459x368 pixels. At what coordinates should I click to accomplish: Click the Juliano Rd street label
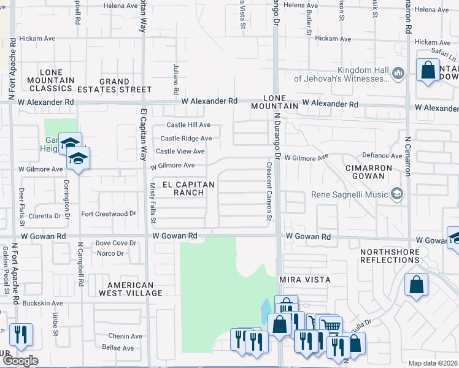(175, 75)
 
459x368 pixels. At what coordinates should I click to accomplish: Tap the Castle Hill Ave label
(186, 125)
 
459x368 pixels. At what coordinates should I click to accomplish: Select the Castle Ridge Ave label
(186, 139)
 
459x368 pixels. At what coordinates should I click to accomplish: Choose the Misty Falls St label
(153, 203)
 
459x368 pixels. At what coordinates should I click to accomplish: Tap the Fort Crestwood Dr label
(109, 213)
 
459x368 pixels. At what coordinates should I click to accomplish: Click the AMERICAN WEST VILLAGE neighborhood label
(131, 289)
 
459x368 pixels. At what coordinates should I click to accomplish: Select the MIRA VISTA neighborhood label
(305, 280)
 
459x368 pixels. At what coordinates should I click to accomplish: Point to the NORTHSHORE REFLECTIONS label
(389, 256)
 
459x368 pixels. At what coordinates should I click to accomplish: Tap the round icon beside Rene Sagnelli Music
(397, 194)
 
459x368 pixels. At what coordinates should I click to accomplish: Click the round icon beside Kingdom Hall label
(398, 74)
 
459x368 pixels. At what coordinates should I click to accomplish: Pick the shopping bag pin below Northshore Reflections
(416, 285)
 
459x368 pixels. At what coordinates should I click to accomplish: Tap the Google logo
(20, 361)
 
